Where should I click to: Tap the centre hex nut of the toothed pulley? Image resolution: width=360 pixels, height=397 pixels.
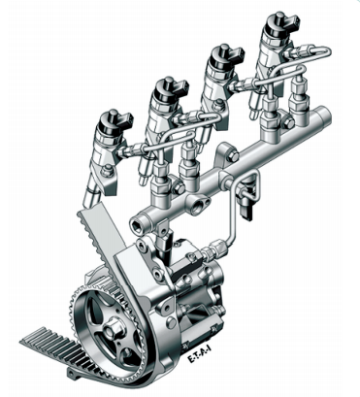tap(114, 327)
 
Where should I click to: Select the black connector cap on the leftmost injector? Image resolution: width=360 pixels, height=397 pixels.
tap(115, 123)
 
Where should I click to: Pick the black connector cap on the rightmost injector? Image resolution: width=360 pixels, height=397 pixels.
tap(281, 24)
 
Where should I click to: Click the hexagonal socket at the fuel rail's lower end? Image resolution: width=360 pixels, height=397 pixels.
tap(136, 224)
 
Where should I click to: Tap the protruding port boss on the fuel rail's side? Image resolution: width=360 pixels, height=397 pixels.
tap(198, 205)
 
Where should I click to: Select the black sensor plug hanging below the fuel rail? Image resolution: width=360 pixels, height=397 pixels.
tap(247, 211)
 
